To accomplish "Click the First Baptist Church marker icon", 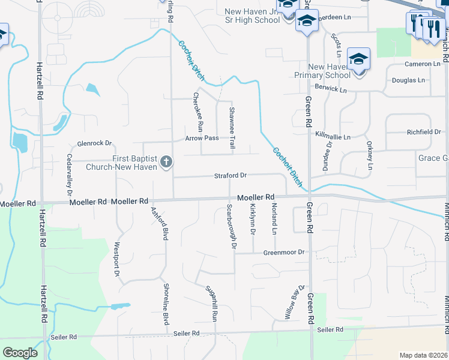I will (166, 162).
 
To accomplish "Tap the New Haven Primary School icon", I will (358, 59).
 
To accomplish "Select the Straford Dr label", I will (231, 176).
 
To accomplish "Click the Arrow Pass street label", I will (202, 139).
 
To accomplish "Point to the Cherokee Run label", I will (199, 113).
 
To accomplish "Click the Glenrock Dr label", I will (95, 143).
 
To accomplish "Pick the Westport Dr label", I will (116, 259).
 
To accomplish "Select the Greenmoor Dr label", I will (285, 253).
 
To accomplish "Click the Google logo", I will (20, 353).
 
